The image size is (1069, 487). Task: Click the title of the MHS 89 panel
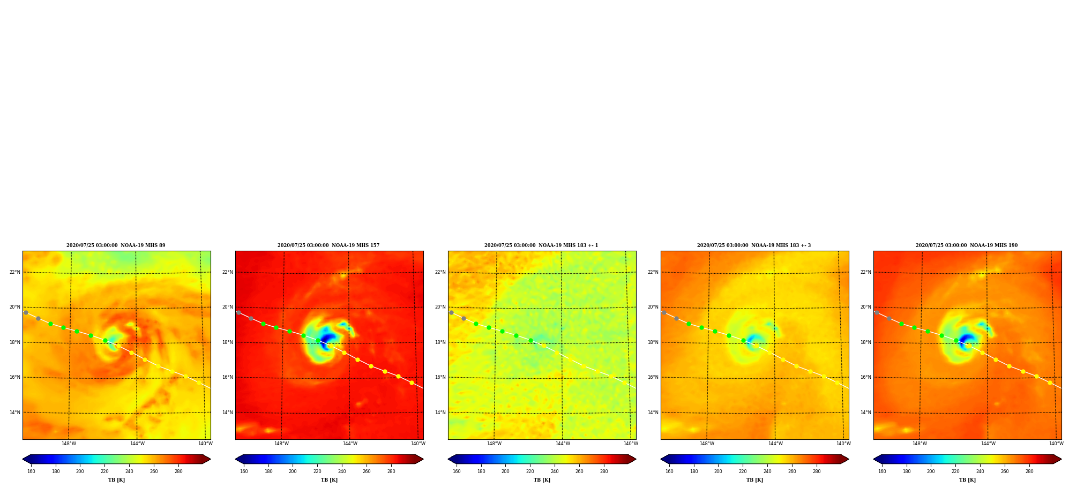coord(116,245)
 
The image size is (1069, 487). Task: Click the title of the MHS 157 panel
coord(328,245)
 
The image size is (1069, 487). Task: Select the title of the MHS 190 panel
coord(967,245)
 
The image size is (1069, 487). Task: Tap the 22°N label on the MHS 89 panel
coord(15,272)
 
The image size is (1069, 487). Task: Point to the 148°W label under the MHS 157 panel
coord(281,444)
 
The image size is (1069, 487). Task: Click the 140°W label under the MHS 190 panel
coord(1056,444)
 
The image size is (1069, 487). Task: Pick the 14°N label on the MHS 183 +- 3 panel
coord(653,413)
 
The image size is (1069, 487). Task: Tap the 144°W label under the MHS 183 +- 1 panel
coord(563,444)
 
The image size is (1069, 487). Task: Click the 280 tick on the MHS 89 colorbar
coord(178,471)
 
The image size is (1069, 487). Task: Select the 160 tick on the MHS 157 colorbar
coord(244,471)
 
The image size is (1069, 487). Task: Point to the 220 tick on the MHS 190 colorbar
coord(955,471)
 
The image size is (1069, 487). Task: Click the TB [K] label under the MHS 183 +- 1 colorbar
coord(542,480)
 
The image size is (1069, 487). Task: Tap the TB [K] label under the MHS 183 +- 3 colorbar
coord(754,480)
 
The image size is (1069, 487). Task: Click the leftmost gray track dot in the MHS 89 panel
coord(26,312)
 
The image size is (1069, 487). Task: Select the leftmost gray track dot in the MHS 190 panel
coord(877,312)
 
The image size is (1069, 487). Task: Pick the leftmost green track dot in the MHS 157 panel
coord(263,324)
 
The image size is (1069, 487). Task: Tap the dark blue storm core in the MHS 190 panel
coord(966,340)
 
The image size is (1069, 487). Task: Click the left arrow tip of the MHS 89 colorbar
coord(23,459)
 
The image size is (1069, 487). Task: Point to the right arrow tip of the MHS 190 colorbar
coord(1061,459)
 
